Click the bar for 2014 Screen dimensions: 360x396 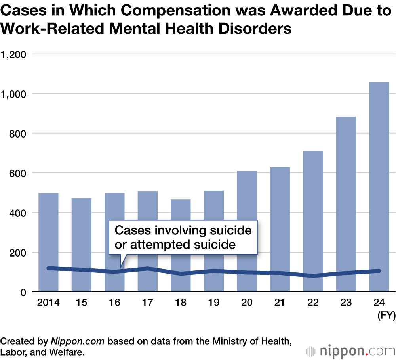tap(48, 242)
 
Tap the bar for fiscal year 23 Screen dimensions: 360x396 tap(346, 204)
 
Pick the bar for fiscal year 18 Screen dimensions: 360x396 tap(181, 245)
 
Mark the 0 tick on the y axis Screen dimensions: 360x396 tap(23, 292)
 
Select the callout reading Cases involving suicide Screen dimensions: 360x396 tap(183, 237)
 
